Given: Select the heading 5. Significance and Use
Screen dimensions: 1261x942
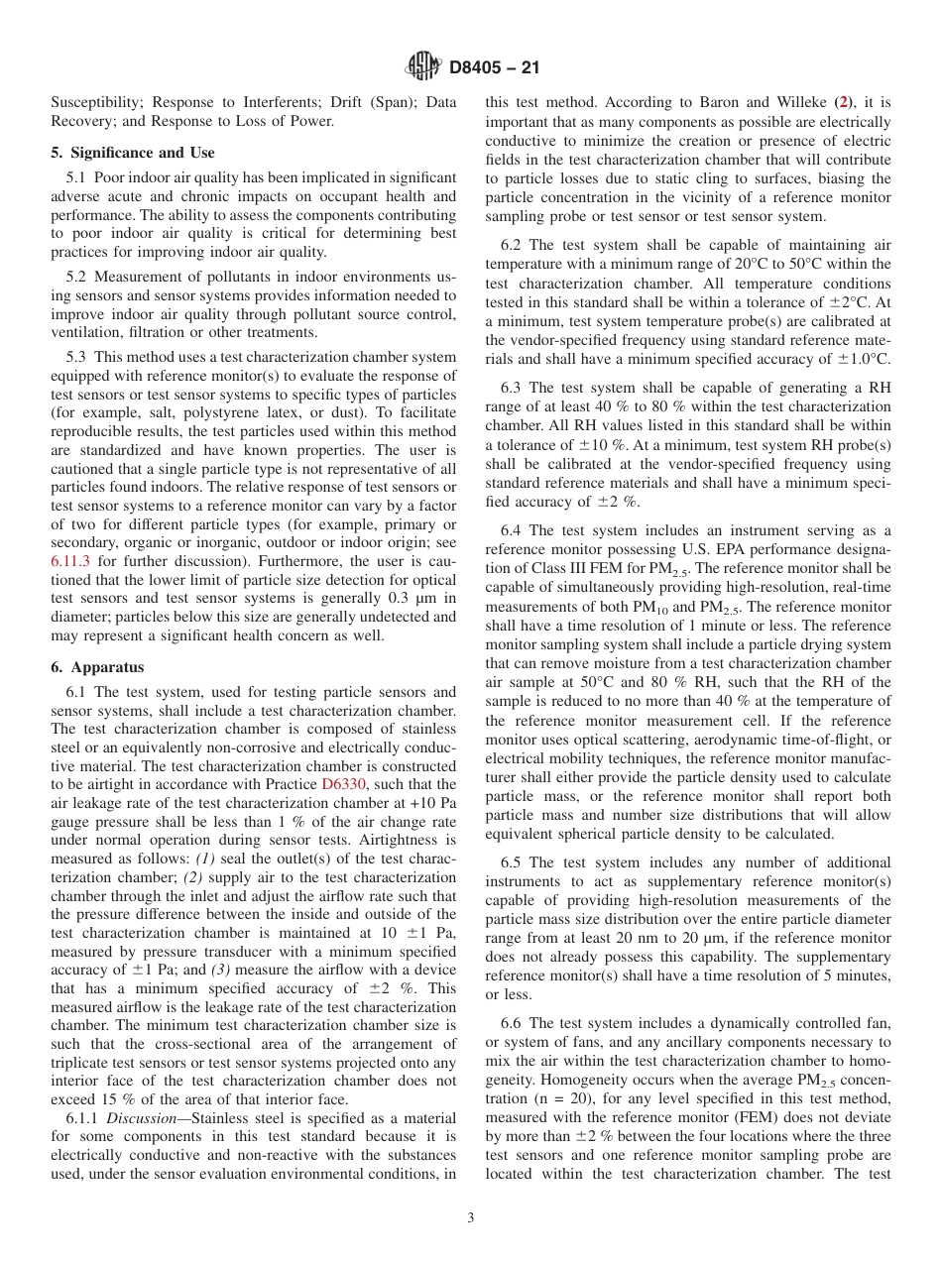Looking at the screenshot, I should click(133, 153).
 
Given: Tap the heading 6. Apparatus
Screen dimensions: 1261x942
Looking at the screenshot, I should click(97, 667).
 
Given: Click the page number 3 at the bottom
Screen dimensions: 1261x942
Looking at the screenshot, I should click(471, 1218).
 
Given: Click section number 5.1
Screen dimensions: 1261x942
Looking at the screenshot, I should click(78, 176).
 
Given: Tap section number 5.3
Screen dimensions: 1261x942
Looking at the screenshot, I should click(78, 355).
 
